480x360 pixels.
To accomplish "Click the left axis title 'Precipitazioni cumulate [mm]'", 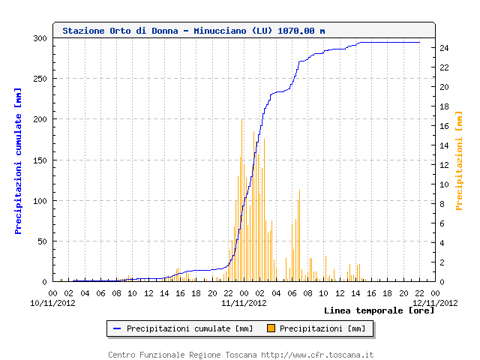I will tap(18, 160).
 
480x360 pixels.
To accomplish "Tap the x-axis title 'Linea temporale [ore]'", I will tap(379, 310).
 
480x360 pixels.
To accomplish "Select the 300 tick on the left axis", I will tap(40, 38).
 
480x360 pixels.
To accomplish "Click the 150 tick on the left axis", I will tap(40, 160).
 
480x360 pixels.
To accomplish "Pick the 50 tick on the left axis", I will tap(42, 241).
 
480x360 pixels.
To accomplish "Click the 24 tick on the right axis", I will tap(443, 48).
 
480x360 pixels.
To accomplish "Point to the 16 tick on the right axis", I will tap(443, 126).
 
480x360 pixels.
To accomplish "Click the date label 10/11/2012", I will tap(52, 303).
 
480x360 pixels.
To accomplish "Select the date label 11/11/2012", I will tap(244, 303).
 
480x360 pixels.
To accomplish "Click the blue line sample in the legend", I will tap(117, 328).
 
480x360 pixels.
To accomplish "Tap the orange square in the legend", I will tap(271, 328).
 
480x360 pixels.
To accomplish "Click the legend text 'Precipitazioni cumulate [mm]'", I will tap(190, 328).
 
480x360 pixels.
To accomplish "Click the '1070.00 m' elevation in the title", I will tap(301, 31).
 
